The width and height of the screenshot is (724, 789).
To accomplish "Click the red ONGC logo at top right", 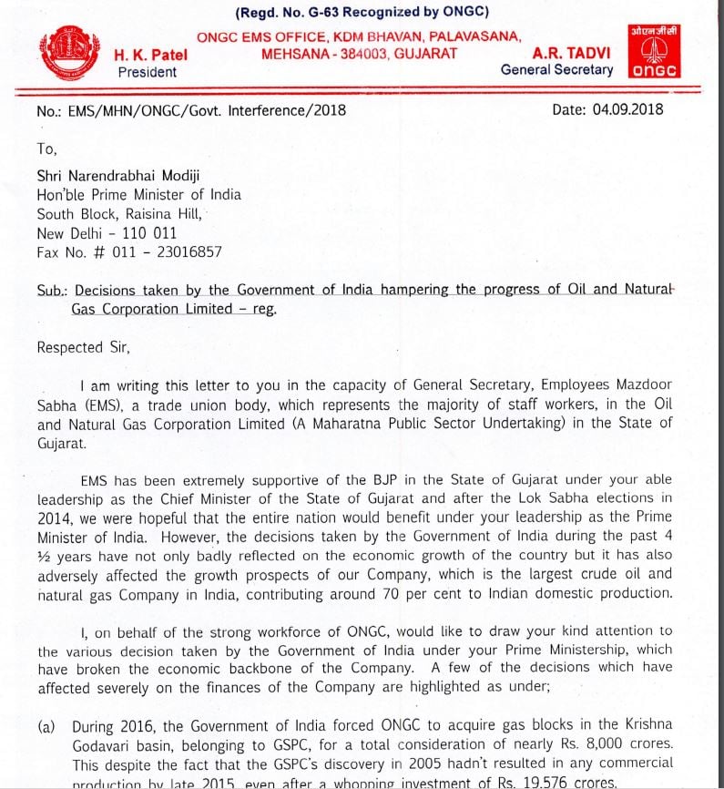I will point(655,52).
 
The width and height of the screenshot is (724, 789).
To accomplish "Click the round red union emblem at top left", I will point(70,56).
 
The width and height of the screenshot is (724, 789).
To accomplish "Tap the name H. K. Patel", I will point(151,55).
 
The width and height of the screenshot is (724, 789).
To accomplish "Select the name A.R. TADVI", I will point(572,53).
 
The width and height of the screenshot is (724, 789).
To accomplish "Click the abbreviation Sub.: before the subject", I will point(52,291).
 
